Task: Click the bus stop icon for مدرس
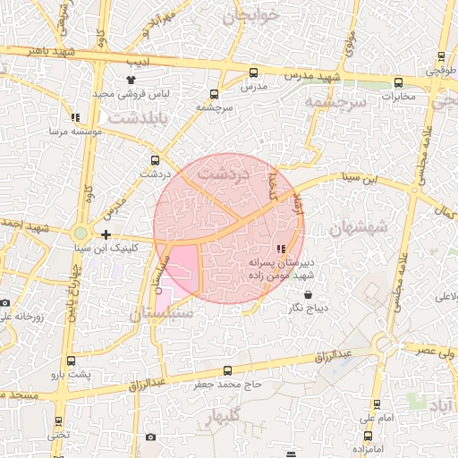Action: tap(253, 73)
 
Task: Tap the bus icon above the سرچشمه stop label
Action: tap(214, 94)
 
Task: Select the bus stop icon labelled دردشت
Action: tap(157, 161)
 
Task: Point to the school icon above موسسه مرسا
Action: tap(74, 117)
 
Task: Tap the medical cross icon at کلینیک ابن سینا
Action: tap(106, 234)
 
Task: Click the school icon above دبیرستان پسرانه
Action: tap(281, 249)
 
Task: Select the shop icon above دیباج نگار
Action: tap(309, 293)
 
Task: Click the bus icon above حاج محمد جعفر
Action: tap(227, 370)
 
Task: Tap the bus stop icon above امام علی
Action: tap(376, 404)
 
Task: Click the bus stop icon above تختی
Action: tap(59, 420)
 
